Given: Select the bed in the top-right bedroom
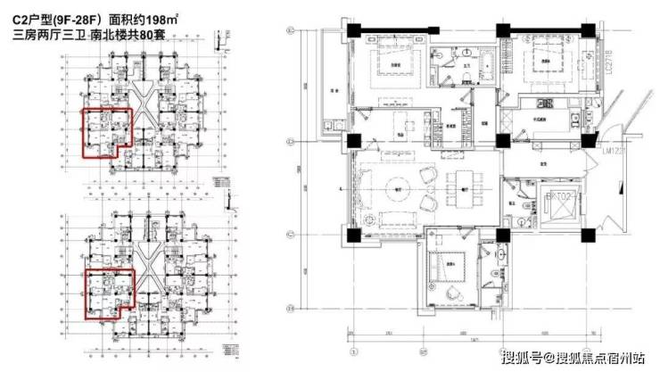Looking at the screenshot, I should click(542, 65).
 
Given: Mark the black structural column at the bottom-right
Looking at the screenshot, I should click(587, 233).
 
